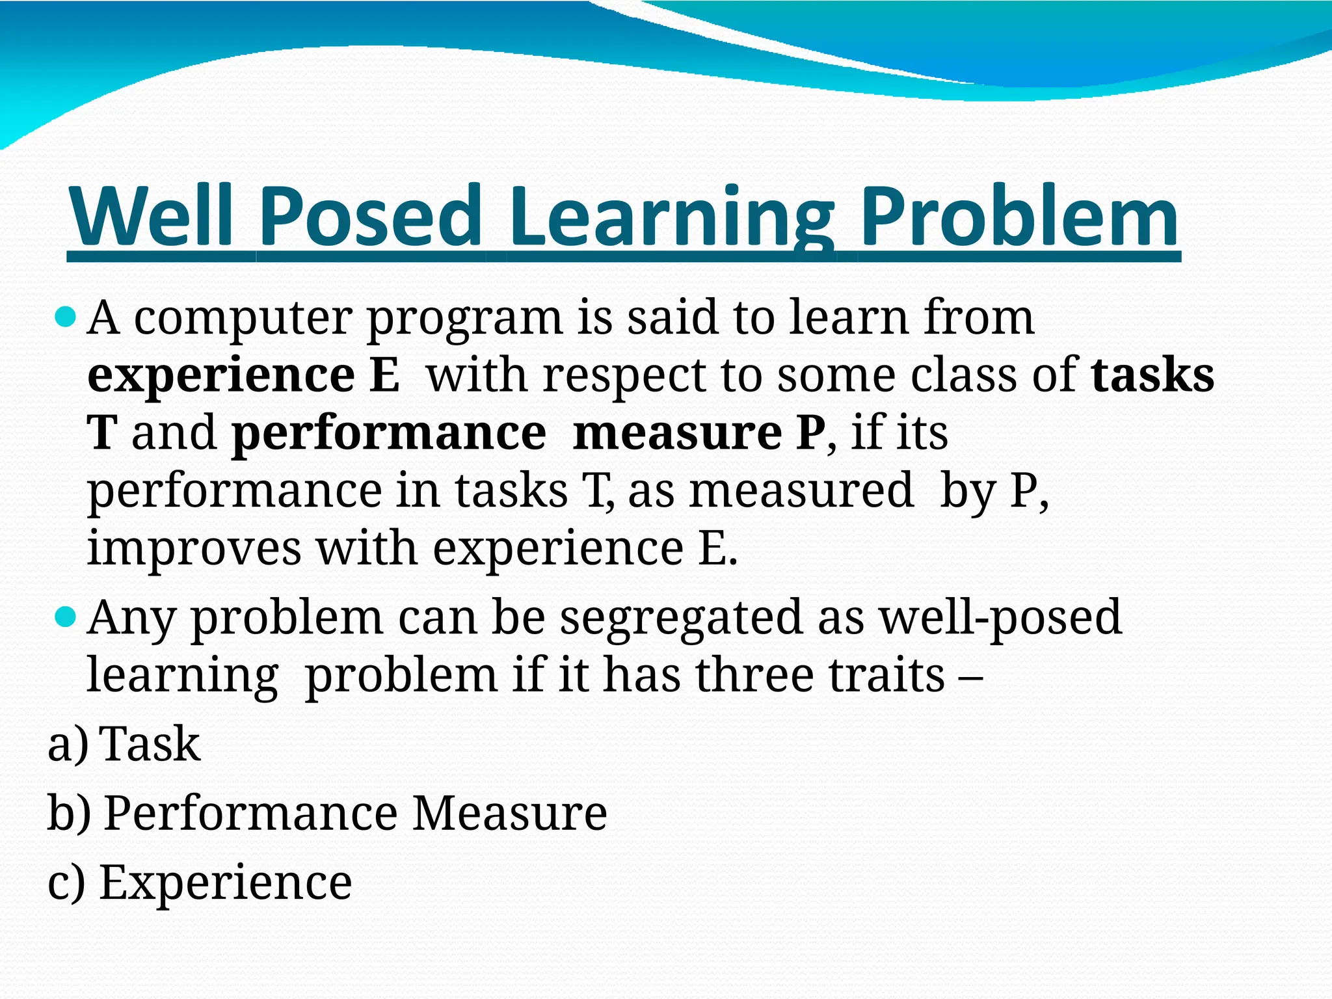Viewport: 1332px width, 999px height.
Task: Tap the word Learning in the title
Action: point(671,218)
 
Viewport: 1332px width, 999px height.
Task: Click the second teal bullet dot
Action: point(66,617)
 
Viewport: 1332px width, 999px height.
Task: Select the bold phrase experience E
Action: point(243,377)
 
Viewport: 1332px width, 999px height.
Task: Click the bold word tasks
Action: point(1152,375)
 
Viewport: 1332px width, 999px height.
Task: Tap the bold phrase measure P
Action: point(699,433)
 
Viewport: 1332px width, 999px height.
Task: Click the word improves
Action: point(194,549)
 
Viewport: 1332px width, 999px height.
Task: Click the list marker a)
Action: point(68,744)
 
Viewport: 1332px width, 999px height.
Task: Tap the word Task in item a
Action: point(151,744)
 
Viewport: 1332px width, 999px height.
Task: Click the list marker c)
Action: point(66,884)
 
